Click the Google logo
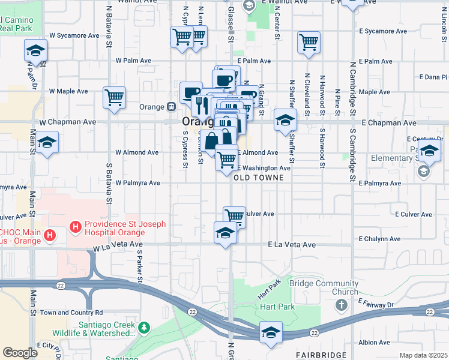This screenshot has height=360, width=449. click(x=20, y=353)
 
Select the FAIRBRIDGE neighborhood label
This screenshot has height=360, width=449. click(x=321, y=356)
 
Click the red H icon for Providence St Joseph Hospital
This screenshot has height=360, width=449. click(x=76, y=227)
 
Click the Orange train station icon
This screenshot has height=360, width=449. click(x=171, y=107)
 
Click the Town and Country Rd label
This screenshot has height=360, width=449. click(x=71, y=313)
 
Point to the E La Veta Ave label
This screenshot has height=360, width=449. click(x=292, y=245)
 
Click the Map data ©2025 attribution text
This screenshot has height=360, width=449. click(x=423, y=355)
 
